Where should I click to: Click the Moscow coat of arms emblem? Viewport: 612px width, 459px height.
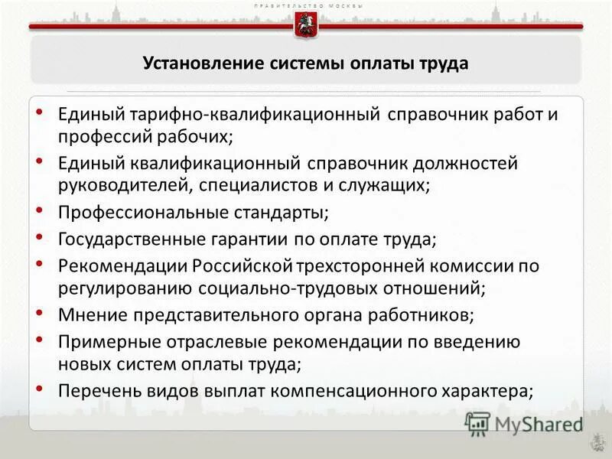tap(305, 25)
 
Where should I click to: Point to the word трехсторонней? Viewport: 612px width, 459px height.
tap(364, 265)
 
